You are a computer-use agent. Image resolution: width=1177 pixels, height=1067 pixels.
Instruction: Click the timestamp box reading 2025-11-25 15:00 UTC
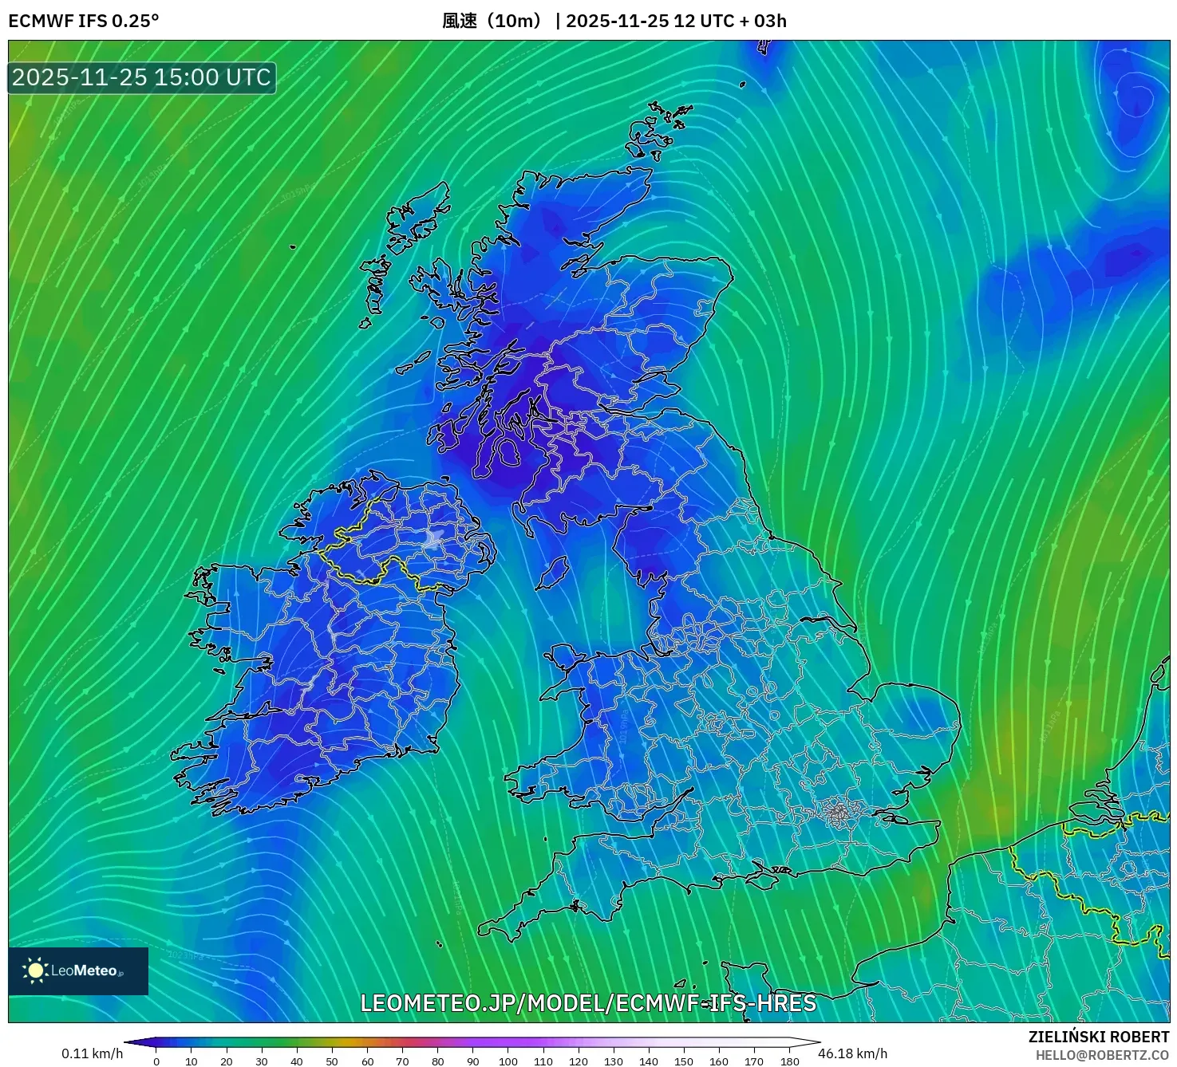coord(142,77)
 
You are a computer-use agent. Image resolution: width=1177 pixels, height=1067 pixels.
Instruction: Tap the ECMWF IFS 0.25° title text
coord(83,21)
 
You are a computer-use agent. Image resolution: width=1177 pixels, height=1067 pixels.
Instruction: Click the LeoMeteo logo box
coord(78,971)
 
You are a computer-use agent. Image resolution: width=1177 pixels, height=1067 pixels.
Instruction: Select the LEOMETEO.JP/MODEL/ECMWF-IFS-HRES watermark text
coord(588,1003)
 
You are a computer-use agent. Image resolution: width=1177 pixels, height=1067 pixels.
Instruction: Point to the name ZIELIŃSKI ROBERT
coord(1098,1037)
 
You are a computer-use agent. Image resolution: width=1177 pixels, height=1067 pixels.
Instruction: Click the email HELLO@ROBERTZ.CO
coord(1102,1055)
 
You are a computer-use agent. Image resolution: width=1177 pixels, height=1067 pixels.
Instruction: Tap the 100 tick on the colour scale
coord(508,1061)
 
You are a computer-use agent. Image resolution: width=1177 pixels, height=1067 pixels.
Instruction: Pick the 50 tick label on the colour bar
coord(332,1061)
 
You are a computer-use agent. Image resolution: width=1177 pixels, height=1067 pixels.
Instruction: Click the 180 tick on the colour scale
coord(789,1061)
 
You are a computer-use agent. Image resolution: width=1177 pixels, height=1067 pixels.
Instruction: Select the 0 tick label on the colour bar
coord(156,1061)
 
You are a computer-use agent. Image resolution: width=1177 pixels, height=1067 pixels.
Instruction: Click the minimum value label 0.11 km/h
coord(92,1053)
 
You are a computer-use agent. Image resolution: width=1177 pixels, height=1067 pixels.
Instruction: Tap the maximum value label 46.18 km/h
coord(852,1053)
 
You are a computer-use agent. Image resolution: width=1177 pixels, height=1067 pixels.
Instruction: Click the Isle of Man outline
coord(551,573)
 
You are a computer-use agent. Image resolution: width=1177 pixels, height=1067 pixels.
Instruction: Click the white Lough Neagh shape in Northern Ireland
coord(434,538)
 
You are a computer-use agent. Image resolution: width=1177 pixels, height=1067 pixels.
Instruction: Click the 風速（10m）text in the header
coord(495,21)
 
